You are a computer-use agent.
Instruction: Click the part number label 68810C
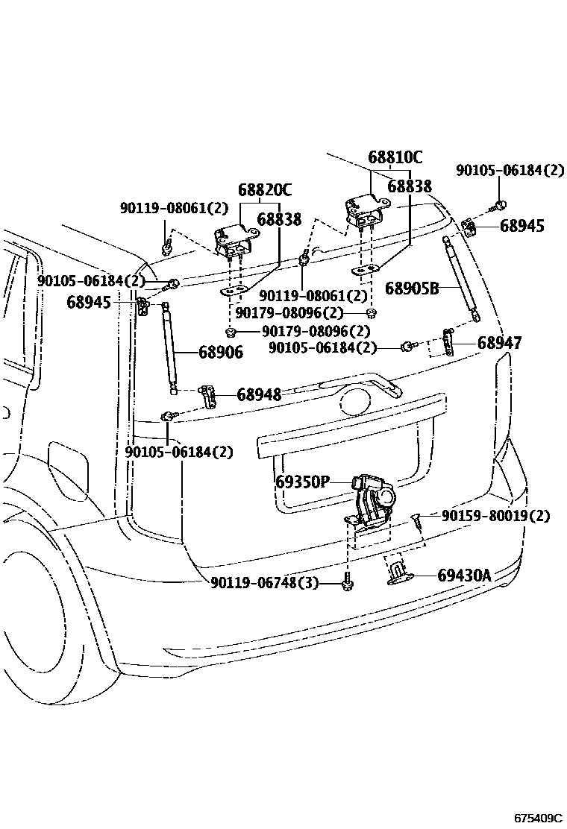coord(395,157)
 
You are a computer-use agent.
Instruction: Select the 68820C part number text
coord(265,190)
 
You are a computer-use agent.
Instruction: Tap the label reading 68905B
coord(412,288)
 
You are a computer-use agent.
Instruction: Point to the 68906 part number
coord(221,353)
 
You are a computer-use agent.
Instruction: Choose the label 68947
coord(499,343)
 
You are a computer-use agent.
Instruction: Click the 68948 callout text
coord(259,395)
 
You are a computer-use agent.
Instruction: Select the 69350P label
coord(301,482)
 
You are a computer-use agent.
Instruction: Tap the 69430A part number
coord(464,576)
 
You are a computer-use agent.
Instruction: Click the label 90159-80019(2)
coord(495,516)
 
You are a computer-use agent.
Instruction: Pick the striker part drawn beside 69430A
coord(401,575)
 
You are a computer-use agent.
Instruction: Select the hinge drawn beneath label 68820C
coord(234,240)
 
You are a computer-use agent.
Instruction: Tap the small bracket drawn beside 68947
coord(448,341)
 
